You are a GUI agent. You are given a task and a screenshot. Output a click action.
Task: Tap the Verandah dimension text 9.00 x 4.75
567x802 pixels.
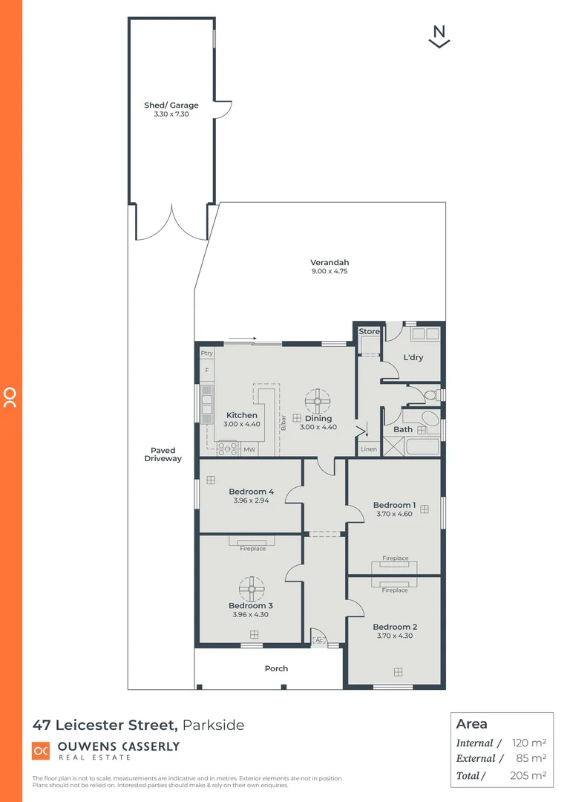(330, 272)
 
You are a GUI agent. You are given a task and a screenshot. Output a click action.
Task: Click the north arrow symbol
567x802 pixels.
(440, 36)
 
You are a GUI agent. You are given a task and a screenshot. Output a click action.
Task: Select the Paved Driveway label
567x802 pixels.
(163, 454)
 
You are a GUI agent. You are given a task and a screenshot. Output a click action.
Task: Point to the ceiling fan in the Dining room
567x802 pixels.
(318, 401)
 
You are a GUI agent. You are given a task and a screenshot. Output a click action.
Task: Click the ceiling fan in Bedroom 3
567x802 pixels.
(252, 590)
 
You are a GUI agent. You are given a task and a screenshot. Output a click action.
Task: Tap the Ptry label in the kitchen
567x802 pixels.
(206, 353)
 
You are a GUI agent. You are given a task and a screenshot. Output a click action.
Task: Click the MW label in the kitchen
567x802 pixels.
(249, 450)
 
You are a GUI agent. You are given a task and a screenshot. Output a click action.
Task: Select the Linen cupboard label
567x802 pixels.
(369, 450)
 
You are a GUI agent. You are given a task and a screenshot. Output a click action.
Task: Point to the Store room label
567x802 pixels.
(369, 331)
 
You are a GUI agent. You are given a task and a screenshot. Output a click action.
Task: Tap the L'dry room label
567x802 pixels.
(413, 357)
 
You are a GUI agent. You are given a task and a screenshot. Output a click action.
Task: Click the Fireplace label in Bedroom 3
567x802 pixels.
(252, 549)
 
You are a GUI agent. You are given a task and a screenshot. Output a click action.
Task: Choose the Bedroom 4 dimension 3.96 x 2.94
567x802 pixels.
(252, 501)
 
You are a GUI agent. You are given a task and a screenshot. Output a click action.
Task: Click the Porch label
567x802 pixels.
(276, 668)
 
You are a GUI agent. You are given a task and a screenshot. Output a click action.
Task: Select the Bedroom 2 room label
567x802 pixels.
(395, 627)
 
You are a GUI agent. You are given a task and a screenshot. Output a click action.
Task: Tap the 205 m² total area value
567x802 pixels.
(529, 775)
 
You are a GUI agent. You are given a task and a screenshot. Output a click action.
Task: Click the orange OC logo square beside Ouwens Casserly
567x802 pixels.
(41, 751)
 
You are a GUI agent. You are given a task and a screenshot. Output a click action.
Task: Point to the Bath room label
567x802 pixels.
(403, 429)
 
